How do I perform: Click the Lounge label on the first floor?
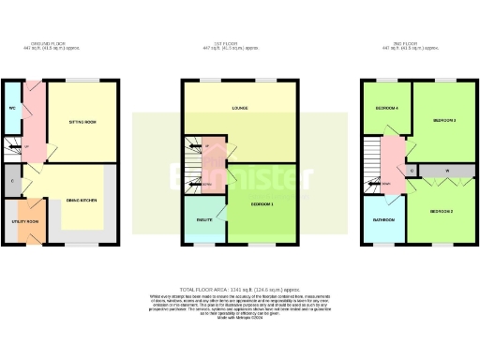coord(247,109)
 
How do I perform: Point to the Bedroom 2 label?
coord(441,211)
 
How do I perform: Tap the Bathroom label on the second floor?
coord(384,220)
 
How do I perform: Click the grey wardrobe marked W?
coord(446,171)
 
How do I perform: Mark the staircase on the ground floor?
coord(12,146)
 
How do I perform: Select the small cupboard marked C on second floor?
coord(413,171)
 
